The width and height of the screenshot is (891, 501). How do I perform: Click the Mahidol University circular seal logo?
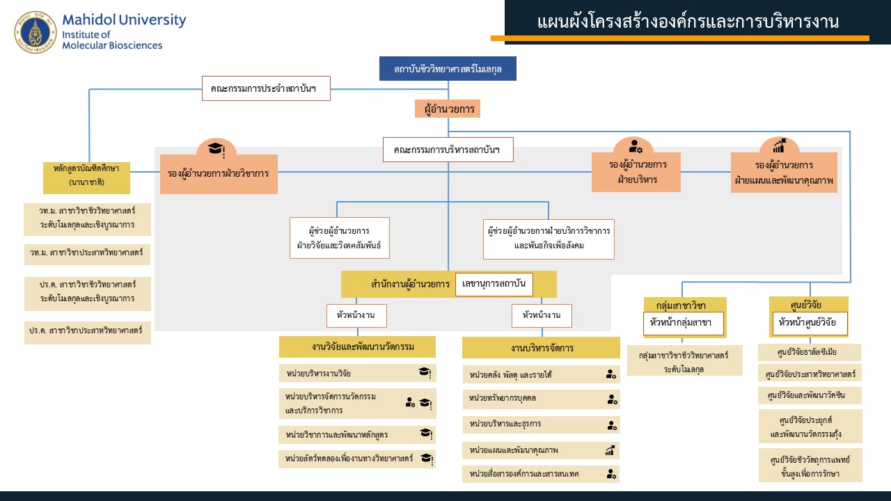[x=35, y=32]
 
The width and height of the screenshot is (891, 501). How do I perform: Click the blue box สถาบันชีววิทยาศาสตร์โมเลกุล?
[x=448, y=69]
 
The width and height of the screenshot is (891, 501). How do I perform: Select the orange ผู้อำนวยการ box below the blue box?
[x=448, y=109]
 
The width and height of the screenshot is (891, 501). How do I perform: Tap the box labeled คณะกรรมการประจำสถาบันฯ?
[x=266, y=88]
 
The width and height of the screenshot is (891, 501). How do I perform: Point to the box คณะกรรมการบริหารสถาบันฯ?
[x=448, y=150]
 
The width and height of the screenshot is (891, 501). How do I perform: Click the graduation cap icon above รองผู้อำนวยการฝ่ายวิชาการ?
[x=216, y=149]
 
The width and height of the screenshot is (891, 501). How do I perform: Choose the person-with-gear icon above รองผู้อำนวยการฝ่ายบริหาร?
[x=636, y=146]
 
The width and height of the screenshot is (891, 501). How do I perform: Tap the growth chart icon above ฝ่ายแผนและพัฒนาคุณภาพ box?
[x=779, y=146]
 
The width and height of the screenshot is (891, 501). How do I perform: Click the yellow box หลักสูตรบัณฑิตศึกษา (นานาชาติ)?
[x=86, y=175]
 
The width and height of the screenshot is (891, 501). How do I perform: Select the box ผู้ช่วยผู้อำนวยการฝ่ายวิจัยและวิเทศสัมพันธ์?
[x=339, y=238]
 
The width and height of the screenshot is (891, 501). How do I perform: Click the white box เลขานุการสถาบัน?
[x=494, y=285]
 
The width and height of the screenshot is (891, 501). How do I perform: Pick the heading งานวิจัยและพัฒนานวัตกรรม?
[x=357, y=347]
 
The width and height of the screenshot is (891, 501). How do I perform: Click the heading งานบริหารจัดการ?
[x=541, y=348]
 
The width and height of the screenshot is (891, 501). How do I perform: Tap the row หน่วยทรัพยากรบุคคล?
[x=541, y=399]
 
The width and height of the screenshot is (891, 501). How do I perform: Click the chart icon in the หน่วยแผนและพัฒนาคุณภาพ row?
[x=610, y=450]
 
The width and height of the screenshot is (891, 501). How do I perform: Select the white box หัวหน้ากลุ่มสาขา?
[x=682, y=323]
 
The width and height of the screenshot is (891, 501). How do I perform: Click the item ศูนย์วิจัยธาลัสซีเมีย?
[x=809, y=352]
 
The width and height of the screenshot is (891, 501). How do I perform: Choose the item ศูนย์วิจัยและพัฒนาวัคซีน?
[x=809, y=395]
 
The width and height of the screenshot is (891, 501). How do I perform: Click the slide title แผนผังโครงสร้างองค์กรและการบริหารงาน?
[x=688, y=22]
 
